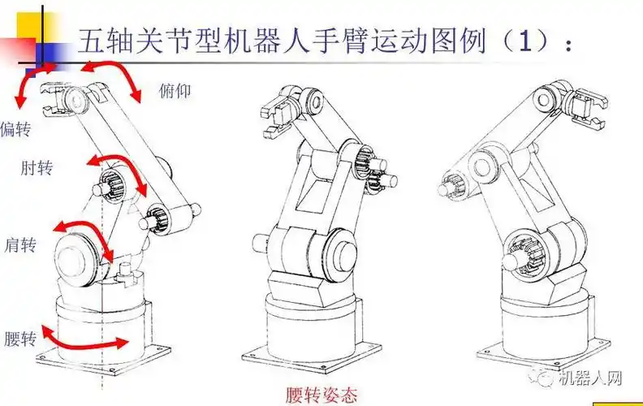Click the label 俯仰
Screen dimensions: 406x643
(x=175, y=90)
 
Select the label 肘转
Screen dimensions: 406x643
(x=37, y=167)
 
